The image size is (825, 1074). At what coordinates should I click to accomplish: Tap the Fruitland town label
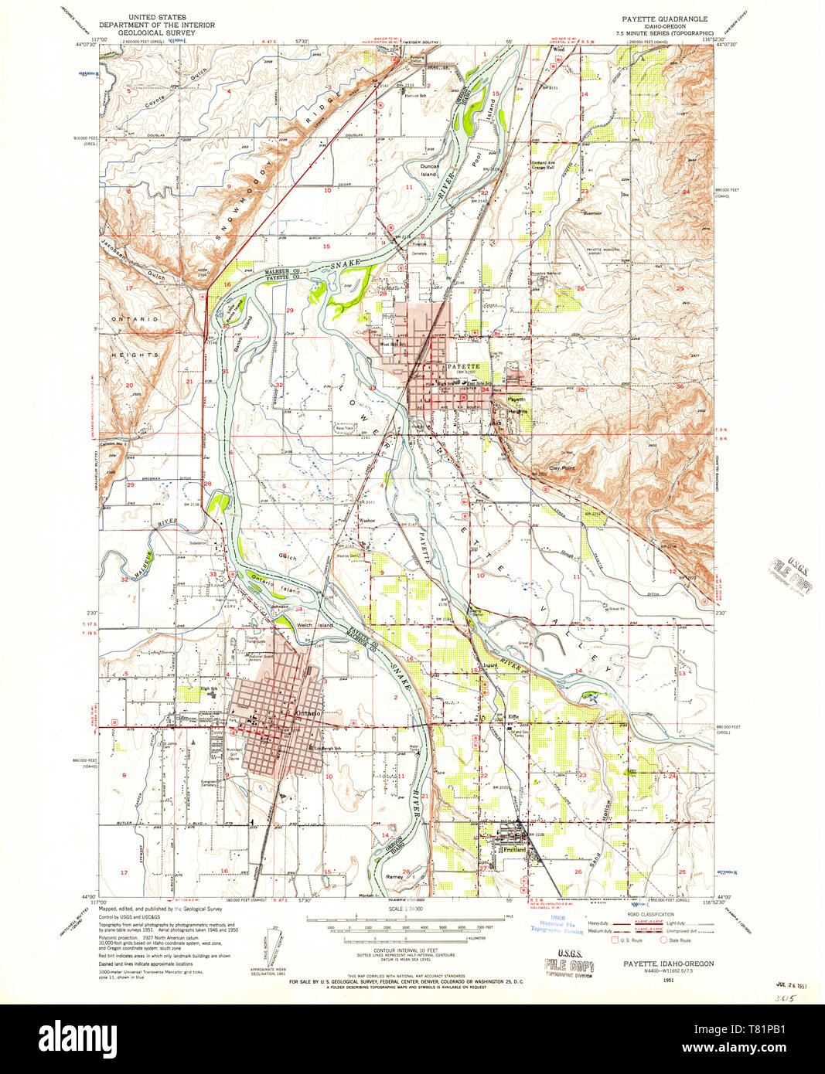(514, 849)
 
